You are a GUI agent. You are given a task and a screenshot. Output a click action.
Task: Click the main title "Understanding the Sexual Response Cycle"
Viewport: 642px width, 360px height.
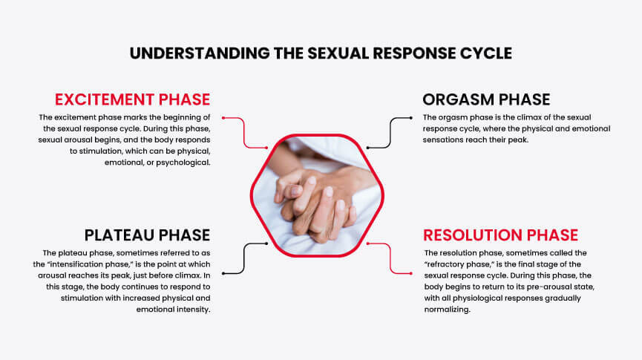[x=321, y=53]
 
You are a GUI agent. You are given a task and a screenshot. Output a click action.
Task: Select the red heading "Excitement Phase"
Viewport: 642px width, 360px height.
[x=133, y=99]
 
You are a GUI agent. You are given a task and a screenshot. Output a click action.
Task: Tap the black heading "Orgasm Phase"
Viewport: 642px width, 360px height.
[x=486, y=99]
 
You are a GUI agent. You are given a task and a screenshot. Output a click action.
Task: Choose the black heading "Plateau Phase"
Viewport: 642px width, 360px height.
[x=147, y=235]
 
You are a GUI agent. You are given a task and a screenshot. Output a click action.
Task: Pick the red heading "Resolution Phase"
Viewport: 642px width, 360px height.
[x=500, y=235]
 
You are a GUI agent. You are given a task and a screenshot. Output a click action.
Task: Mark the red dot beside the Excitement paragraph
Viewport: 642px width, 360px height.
[x=223, y=117]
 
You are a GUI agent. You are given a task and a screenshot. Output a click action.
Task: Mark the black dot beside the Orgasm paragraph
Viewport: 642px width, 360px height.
[x=411, y=117]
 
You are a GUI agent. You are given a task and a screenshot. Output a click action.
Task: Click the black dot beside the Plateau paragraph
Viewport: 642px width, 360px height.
[x=223, y=272]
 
